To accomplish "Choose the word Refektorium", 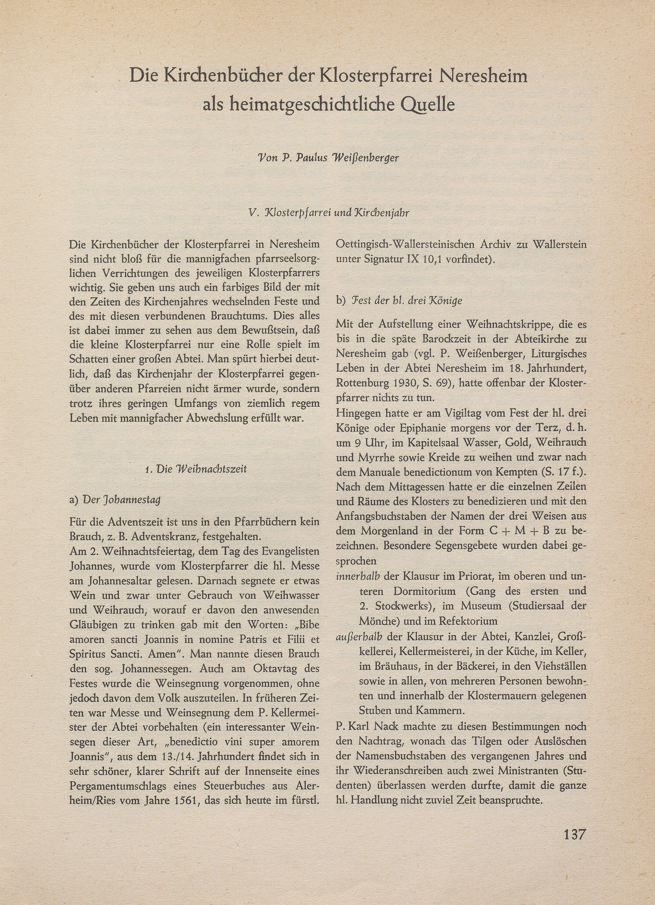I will pyautogui.click(x=468, y=621).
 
